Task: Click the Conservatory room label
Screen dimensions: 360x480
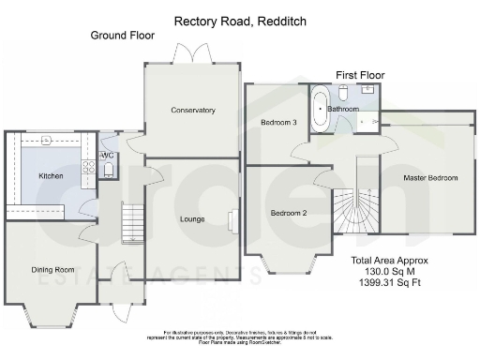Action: (x=193, y=111)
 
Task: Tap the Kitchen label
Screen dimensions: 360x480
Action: (x=51, y=175)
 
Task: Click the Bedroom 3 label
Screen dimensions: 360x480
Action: (x=278, y=123)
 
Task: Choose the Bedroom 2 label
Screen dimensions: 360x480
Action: (x=289, y=213)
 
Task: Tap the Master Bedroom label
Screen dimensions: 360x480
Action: (x=430, y=177)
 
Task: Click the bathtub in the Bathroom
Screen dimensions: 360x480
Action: (x=321, y=109)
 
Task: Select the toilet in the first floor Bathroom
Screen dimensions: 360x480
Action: (x=344, y=93)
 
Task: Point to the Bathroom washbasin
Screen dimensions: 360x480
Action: (x=368, y=90)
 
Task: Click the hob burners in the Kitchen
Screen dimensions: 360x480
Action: (x=89, y=167)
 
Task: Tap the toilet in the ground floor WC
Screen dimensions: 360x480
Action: (x=109, y=170)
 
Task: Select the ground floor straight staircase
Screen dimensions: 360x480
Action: (x=133, y=225)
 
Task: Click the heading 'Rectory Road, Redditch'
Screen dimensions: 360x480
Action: (x=239, y=20)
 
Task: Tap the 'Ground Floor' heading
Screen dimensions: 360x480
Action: (x=122, y=36)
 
